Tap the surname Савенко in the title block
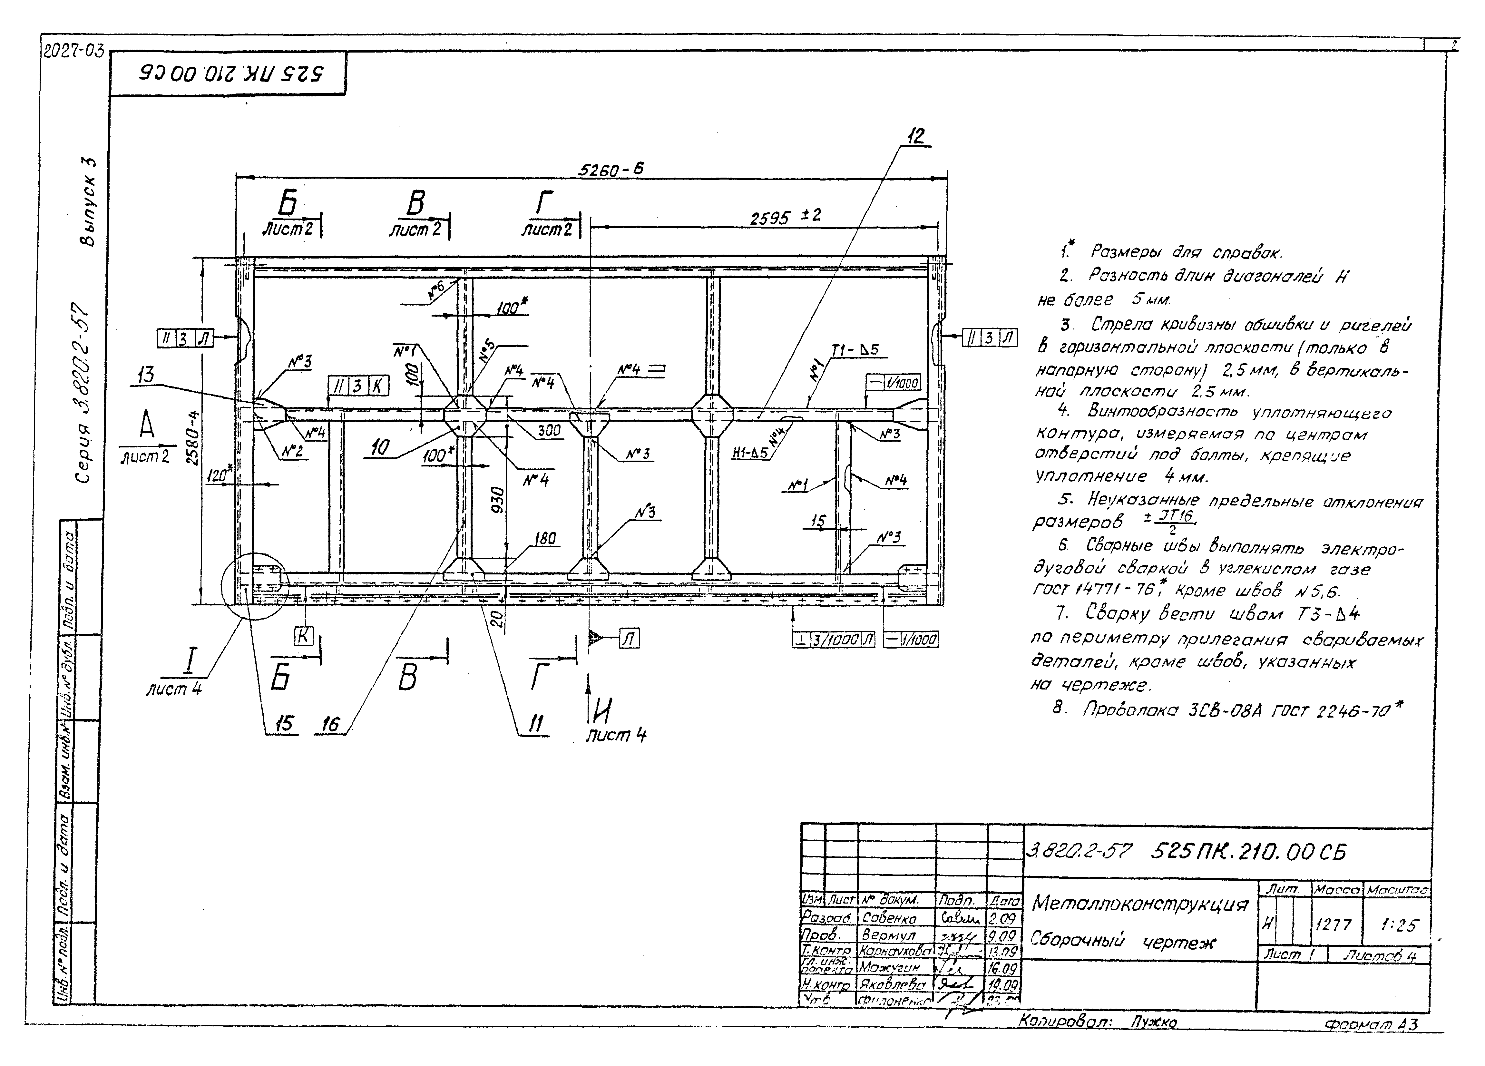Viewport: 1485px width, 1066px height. (x=889, y=919)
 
